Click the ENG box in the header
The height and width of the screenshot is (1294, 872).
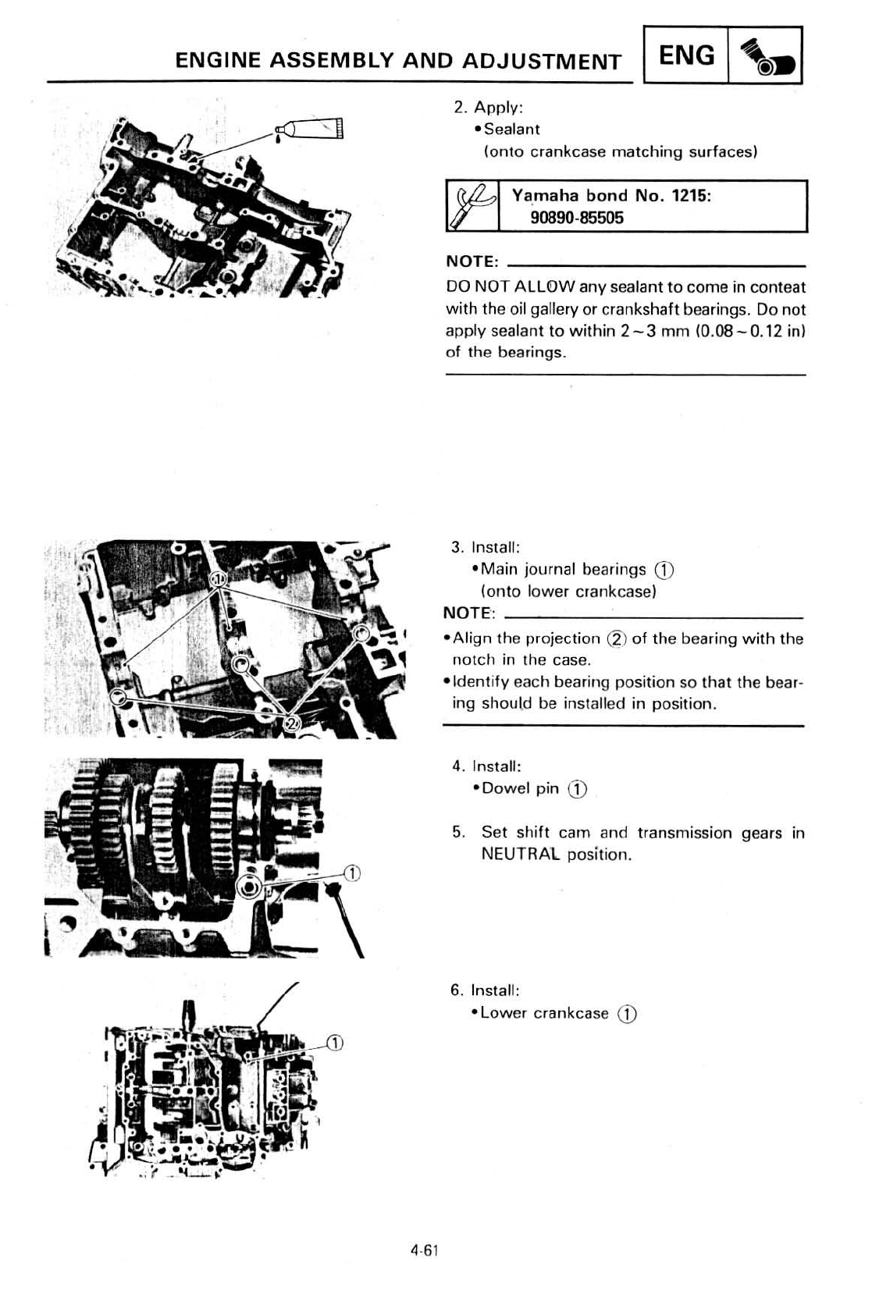(686, 55)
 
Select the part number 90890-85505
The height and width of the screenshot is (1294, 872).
(577, 218)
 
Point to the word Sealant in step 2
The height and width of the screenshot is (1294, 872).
(511, 129)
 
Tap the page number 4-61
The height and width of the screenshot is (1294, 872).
(425, 1250)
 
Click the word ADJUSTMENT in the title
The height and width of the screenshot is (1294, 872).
(543, 61)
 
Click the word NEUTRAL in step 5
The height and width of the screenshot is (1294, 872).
(520, 854)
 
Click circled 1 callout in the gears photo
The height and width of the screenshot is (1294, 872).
(351, 873)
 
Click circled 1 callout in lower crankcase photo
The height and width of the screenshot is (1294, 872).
(334, 1044)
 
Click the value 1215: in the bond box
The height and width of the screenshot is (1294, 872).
(691, 195)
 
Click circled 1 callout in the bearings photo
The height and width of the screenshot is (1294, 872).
(219, 579)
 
